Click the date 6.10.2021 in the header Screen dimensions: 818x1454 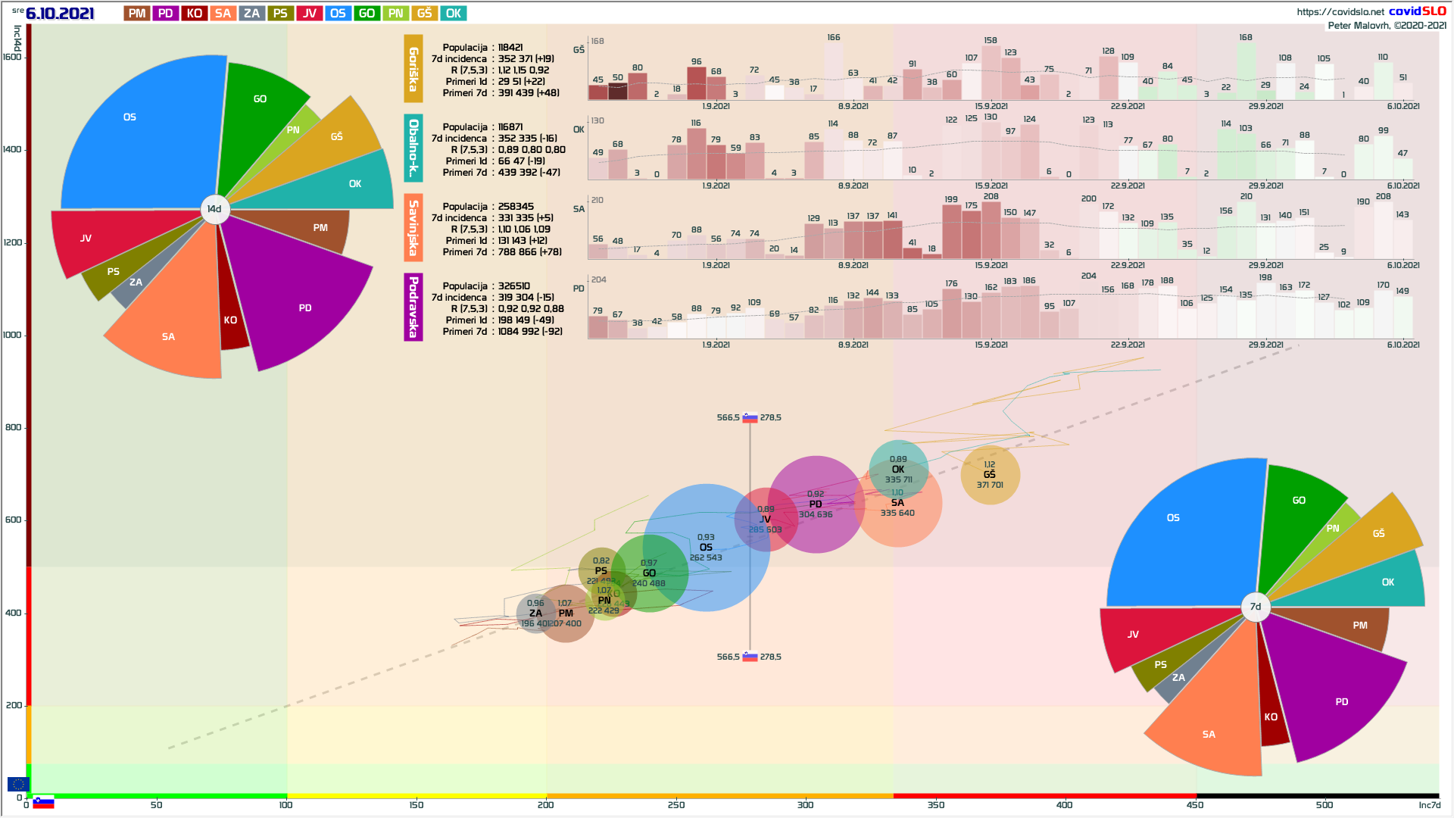click(x=60, y=14)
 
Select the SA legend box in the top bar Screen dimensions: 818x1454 click(x=223, y=14)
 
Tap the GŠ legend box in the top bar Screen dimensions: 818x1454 click(x=424, y=14)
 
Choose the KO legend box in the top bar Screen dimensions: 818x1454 click(x=194, y=14)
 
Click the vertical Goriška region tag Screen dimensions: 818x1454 click(x=413, y=69)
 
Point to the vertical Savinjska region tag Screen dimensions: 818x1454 click(x=413, y=228)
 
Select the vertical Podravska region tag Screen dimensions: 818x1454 click(x=413, y=308)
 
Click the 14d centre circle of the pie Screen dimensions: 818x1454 click(x=214, y=209)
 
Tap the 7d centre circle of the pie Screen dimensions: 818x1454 click(x=1256, y=607)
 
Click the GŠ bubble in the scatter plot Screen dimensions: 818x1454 click(x=990, y=475)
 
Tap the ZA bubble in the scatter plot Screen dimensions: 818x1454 click(x=535, y=613)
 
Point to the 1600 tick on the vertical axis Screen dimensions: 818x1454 click(x=13, y=58)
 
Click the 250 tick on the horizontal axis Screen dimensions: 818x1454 click(x=676, y=804)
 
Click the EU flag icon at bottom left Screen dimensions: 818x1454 click(x=18, y=784)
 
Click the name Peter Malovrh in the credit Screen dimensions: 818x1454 click(x=1359, y=26)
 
